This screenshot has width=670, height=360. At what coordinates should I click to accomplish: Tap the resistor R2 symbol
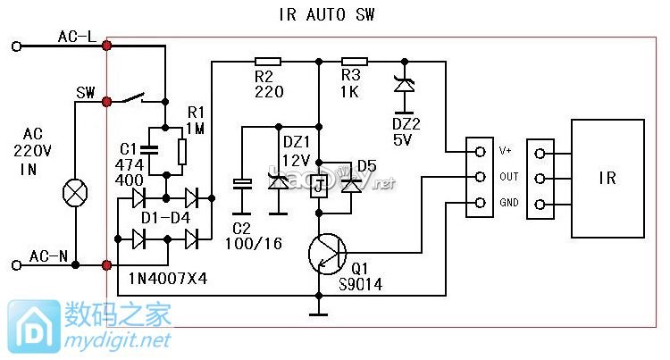pos(267,62)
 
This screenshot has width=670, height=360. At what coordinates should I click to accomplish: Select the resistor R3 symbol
pos(356,62)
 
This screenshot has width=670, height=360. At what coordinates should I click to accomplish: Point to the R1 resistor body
pos(182,151)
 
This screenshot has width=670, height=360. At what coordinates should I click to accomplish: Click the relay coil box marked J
pos(317,187)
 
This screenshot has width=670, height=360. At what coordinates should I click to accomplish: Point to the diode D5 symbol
pos(351,185)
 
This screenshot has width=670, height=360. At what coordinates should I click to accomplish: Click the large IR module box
pos(607,178)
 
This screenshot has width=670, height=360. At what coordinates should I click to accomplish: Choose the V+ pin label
pos(505,151)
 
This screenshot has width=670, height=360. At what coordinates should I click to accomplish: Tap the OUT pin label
pos(508,177)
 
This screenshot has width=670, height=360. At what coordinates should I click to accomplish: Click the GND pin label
pos(508,204)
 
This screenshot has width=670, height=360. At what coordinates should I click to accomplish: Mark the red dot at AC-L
pos(107,44)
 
